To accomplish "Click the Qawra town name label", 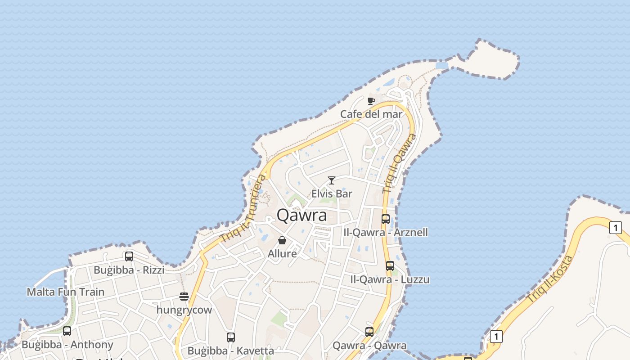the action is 301,215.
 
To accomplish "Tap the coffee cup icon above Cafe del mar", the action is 371,101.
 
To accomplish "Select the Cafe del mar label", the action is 371,114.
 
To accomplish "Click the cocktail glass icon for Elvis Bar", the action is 332,180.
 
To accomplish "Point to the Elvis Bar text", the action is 332,194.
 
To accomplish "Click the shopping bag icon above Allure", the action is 282,240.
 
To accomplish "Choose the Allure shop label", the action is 282,254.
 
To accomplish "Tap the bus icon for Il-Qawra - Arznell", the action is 386,219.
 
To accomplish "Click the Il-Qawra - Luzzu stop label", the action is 390,279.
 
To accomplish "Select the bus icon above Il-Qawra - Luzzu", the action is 390,266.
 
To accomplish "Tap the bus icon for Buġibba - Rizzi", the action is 129,256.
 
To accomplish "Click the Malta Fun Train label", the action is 66,292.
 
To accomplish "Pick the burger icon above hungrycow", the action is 184,296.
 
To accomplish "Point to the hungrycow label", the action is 184,310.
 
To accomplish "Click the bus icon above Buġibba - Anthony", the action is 67,331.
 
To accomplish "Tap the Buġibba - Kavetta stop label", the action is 230,351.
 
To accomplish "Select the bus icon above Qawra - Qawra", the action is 369,332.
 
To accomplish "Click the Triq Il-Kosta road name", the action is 550,279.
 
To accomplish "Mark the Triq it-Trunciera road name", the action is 243,208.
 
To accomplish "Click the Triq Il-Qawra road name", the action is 399,163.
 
